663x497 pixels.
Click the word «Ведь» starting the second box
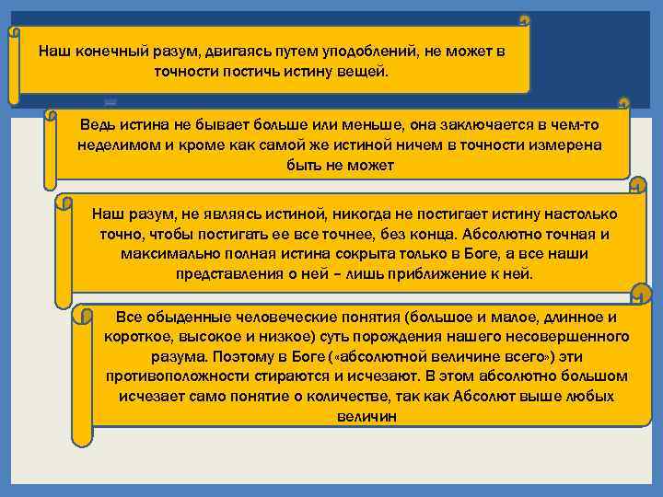click(98, 125)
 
